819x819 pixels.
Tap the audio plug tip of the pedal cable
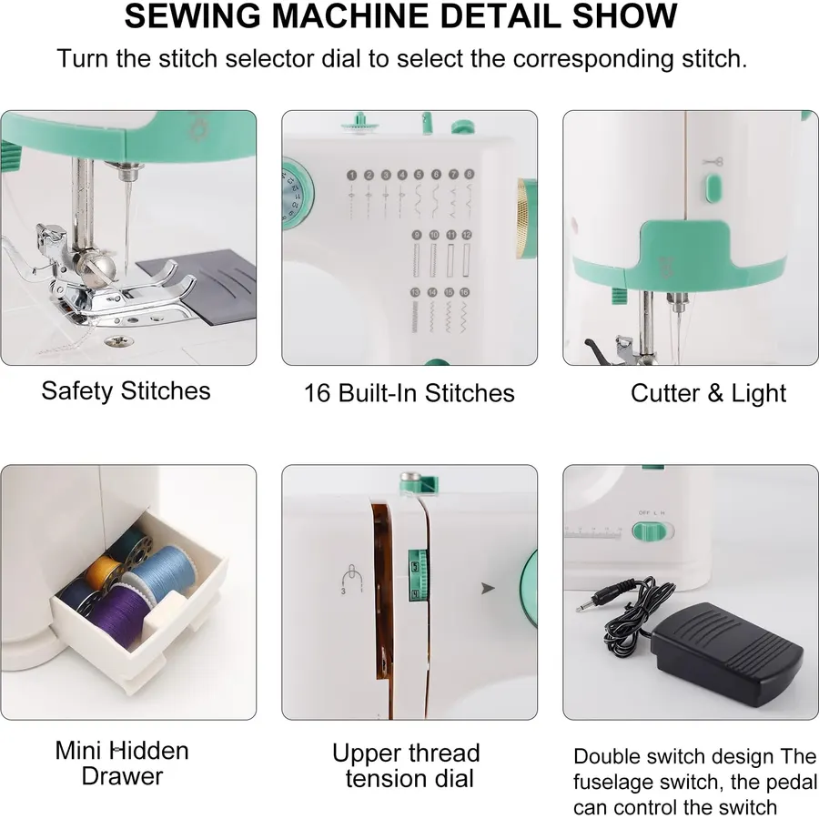coord(580,608)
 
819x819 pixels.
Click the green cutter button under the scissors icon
coord(713,188)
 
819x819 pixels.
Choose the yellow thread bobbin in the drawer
coord(103,572)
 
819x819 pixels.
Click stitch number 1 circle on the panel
coord(351,176)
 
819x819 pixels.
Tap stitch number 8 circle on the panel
coord(469,174)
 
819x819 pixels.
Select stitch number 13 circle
coord(415,292)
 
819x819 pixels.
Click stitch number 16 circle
coord(464,292)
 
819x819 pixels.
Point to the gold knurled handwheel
coord(523,217)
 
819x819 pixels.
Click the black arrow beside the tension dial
coord(488,588)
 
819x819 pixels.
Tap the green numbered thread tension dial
coord(418,574)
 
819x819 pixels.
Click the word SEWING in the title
coord(192,15)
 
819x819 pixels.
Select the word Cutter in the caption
coord(665,393)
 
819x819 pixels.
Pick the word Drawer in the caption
coord(122,776)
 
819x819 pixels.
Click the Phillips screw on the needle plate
coord(119,341)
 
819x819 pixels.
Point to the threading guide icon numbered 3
coord(351,579)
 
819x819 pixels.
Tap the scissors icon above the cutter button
coord(713,161)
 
